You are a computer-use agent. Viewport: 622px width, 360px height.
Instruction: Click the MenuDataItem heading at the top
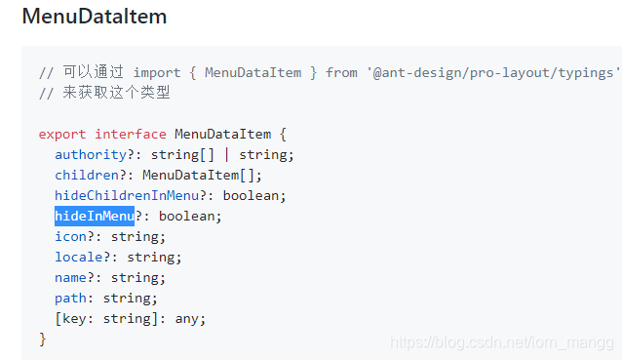pyautogui.click(x=94, y=17)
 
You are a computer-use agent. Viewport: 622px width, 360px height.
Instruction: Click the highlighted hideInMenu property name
pyautogui.click(x=94, y=216)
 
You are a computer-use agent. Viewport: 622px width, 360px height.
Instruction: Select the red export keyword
pyautogui.click(x=62, y=134)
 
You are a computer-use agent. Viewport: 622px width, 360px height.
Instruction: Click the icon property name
pyautogui.click(x=70, y=236)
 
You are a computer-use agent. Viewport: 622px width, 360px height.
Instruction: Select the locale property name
pyautogui.click(x=78, y=257)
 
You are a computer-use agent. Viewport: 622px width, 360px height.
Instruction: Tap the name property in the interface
pyautogui.click(x=70, y=277)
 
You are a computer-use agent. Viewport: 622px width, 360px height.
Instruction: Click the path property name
pyautogui.click(x=70, y=298)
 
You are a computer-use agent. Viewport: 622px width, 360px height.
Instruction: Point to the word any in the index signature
pyautogui.click(x=189, y=318)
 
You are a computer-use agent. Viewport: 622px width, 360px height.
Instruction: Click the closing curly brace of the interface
pyautogui.click(x=43, y=339)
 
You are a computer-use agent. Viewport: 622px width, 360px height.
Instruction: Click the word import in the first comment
pyautogui.click(x=157, y=72)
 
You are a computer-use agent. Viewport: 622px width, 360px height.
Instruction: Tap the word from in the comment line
pyautogui.click(x=341, y=72)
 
